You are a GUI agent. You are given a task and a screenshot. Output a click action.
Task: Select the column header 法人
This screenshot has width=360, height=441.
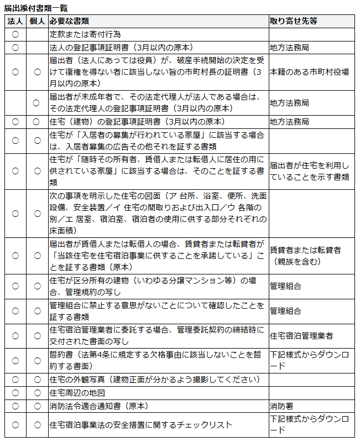click(x=15, y=21)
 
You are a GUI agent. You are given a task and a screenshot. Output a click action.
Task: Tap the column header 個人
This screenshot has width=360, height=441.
click(x=36, y=21)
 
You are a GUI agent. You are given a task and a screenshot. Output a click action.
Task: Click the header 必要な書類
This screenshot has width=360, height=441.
click(x=67, y=21)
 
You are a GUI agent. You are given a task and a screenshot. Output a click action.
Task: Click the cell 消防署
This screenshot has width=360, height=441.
click(x=282, y=406)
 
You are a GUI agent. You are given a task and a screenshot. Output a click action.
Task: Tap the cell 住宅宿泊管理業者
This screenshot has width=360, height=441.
click(x=301, y=336)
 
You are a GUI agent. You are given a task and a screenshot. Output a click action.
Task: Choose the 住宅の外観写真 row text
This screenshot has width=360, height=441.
click(x=155, y=380)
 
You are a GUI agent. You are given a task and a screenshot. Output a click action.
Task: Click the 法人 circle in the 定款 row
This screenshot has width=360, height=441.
click(x=15, y=34)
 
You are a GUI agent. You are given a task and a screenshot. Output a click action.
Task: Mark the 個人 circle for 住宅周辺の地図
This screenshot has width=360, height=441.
click(x=36, y=393)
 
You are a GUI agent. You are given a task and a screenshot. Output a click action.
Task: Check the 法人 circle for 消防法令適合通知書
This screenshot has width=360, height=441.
click(x=15, y=406)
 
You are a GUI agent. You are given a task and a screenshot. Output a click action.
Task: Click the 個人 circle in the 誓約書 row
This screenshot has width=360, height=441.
click(x=36, y=360)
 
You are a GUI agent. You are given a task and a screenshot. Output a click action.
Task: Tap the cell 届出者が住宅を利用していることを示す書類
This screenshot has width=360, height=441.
click(x=309, y=171)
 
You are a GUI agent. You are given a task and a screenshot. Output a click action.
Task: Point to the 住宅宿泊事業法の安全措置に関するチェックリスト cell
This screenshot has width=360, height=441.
click(x=140, y=425)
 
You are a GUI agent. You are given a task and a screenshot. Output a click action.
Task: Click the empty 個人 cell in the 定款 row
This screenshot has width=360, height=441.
click(x=36, y=34)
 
